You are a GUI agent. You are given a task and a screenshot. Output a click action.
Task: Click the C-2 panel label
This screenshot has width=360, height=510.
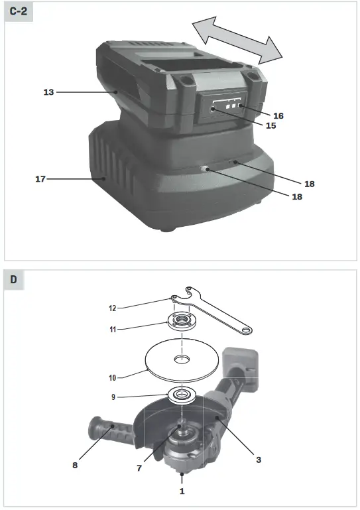18,13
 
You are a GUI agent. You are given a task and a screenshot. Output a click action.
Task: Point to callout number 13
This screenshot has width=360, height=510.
48,92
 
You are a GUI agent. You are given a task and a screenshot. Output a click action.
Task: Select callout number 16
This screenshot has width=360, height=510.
278,115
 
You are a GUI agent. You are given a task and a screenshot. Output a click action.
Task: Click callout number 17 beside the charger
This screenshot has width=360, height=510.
40,178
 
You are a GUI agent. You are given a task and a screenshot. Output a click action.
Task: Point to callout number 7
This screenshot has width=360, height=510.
139,468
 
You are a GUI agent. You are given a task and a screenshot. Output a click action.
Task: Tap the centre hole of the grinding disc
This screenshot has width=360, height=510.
181,360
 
